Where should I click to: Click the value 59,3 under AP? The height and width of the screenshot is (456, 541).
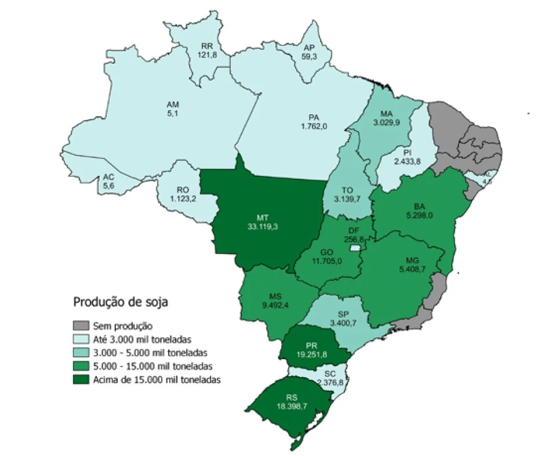pos(308,57)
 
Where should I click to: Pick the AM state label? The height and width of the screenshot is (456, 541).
pos(173,104)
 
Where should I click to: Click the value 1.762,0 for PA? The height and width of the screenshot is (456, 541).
pos(314,126)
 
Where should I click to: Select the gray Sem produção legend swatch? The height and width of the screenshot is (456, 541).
pos(82,326)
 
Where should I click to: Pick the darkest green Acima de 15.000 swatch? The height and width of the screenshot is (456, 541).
pos(82,379)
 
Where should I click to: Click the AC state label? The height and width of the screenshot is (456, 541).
pos(108,178)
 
